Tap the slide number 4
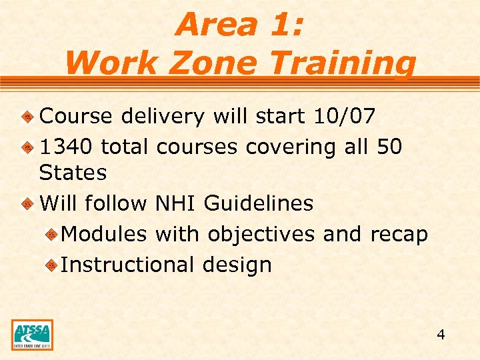pos(441,335)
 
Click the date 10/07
pos(344,116)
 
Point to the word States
pos(73,173)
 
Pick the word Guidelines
pos(259,203)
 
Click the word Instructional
pos(127,265)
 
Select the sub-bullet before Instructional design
pos(51,265)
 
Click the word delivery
pos(163,116)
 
